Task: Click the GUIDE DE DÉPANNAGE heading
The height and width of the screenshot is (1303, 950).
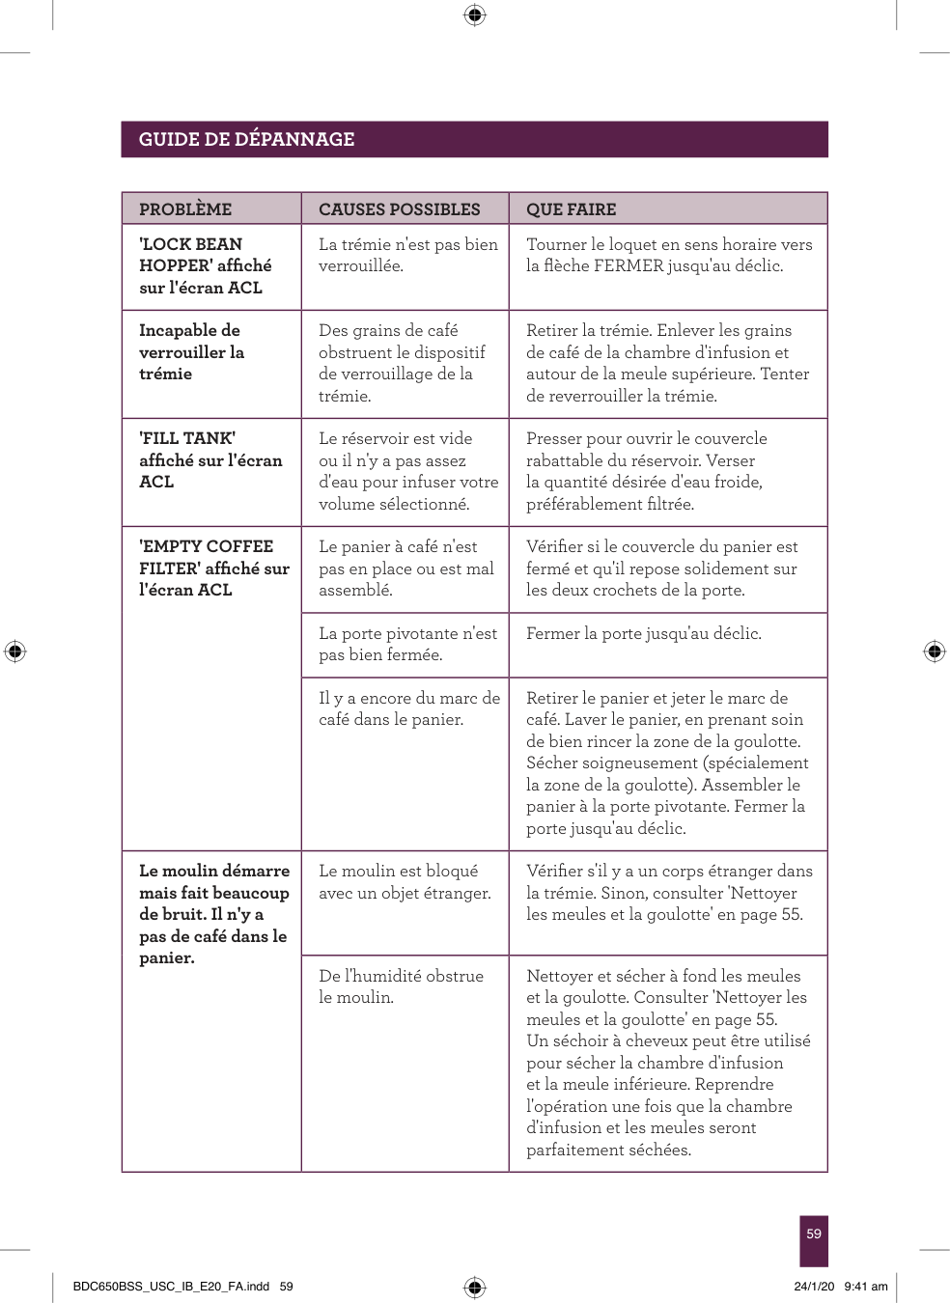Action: pyautogui.click(x=246, y=139)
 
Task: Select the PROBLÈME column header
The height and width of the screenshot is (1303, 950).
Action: pyautogui.click(x=185, y=209)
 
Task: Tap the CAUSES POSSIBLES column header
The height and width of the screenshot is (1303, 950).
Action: pyautogui.click(x=399, y=209)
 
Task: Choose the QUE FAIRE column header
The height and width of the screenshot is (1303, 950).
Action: pyautogui.click(x=571, y=209)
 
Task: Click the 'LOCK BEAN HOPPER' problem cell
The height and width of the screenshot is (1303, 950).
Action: pyautogui.click(x=205, y=265)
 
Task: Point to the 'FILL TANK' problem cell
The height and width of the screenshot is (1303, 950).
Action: pyautogui.click(x=210, y=460)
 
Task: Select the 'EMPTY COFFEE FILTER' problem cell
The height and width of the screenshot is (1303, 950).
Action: pyautogui.click(x=213, y=568)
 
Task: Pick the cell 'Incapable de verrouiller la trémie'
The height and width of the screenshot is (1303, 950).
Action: pyautogui.click(x=191, y=352)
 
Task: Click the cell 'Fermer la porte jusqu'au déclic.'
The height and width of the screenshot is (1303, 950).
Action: pyautogui.click(x=643, y=634)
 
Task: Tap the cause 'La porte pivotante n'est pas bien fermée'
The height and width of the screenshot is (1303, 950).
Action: pyautogui.click(x=407, y=644)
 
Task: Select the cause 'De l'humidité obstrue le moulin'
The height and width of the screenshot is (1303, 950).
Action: pyautogui.click(x=401, y=986)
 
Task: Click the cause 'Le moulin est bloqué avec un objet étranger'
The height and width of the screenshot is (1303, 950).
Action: pyautogui.click(x=405, y=882)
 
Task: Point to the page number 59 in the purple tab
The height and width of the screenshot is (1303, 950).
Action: pyautogui.click(x=814, y=1234)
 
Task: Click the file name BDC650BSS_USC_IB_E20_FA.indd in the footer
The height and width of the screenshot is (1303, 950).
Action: pyautogui.click(x=172, y=1287)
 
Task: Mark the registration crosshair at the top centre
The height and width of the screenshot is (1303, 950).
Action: pyautogui.click(x=474, y=14)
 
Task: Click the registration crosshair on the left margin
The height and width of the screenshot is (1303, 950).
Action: pyautogui.click(x=14, y=651)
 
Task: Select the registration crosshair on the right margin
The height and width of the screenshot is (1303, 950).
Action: pyautogui.click(x=935, y=651)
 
